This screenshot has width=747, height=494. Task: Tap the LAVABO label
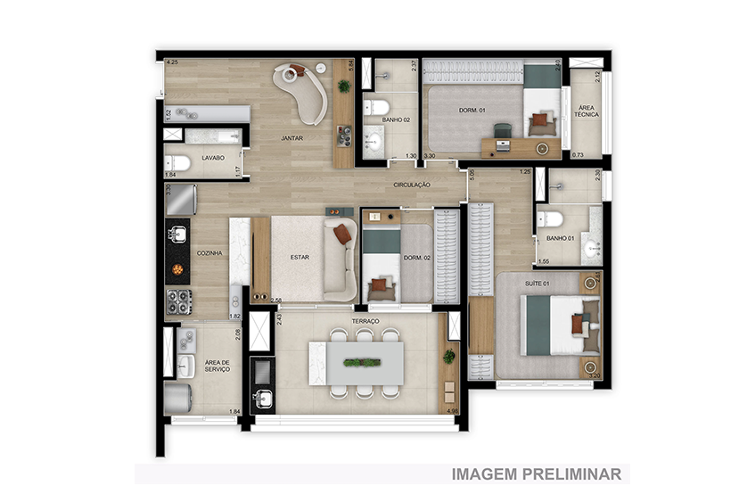pos(212,158)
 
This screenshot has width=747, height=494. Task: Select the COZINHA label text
pos(210,253)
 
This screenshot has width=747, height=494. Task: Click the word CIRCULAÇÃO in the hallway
pos(413,185)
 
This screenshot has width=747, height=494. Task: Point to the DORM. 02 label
pos(417,258)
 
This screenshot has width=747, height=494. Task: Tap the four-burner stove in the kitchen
pos(178,301)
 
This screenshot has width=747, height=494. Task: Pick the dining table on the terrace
pos(356,363)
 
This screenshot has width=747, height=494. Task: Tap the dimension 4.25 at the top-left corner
pos(172,62)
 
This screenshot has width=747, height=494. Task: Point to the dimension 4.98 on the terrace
pos(449,411)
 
